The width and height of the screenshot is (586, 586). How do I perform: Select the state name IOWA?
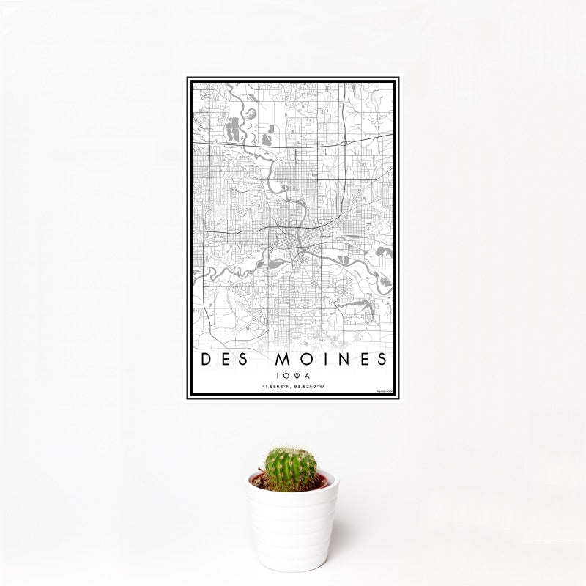pos(293,374)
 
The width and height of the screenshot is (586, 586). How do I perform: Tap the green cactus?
pos(291,469)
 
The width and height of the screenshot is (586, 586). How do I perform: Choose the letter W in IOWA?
pos(295,374)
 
